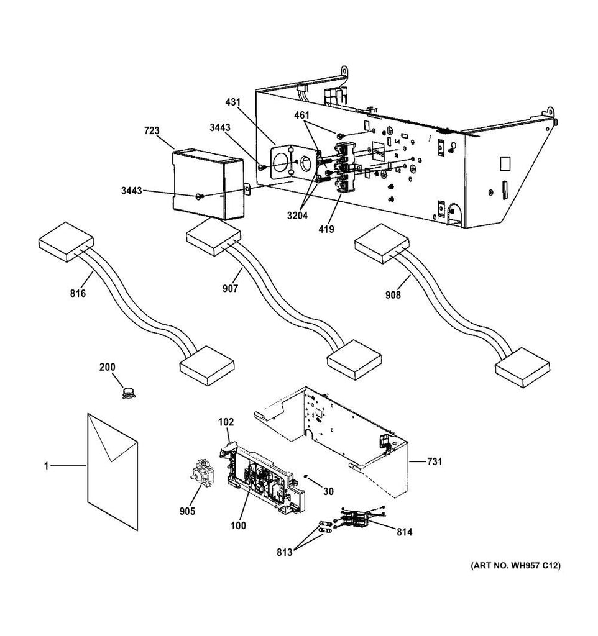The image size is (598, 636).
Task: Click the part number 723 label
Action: [152, 130]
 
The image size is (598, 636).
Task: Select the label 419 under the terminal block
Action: [326, 229]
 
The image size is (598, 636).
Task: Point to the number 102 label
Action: [225, 422]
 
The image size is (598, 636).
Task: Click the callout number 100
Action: [238, 525]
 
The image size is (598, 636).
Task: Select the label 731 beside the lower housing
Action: [435, 461]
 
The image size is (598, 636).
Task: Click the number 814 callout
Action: [403, 532]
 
